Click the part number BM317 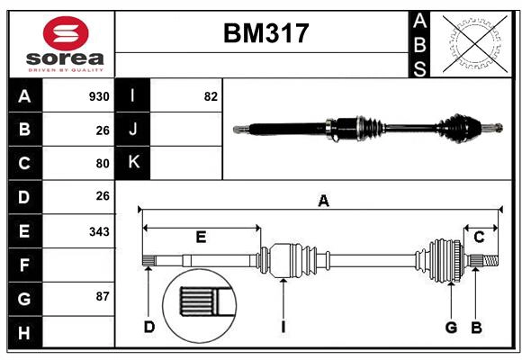click(x=265, y=34)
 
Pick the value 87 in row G click(x=102, y=296)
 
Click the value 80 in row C click(x=102, y=164)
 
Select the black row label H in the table click(x=24, y=333)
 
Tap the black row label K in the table click(x=134, y=163)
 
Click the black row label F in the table click(x=24, y=265)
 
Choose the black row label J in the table click(x=134, y=130)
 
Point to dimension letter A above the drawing click(x=323, y=202)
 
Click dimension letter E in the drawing click(x=201, y=237)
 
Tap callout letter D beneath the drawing click(x=149, y=327)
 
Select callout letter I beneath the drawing click(x=283, y=327)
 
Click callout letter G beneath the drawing click(x=451, y=327)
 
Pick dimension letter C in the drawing click(x=480, y=237)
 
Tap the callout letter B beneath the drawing click(x=476, y=327)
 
